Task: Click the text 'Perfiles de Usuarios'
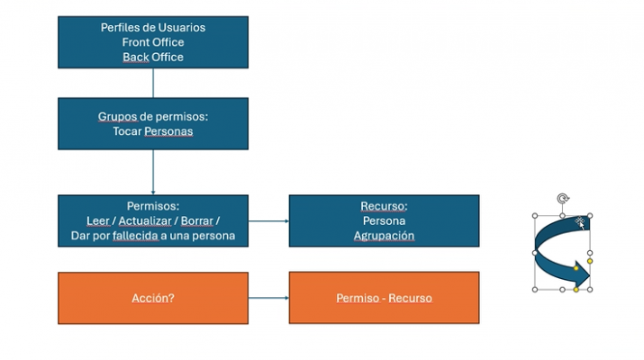(152, 27)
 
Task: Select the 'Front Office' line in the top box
(152, 42)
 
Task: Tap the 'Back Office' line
(152, 57)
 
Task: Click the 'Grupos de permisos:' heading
(152, 117)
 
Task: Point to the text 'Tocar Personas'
(152, 131)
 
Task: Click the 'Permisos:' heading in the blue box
(152, 206)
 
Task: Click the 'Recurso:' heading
(384, 206)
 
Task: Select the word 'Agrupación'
(384, 236)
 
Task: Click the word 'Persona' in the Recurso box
(384, 220)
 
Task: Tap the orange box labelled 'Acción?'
(152, 298)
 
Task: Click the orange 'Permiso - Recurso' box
(384, 298)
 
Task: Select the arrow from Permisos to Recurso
(268, 220)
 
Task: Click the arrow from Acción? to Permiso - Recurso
(268, 298)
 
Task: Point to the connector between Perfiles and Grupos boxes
(153, 84)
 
